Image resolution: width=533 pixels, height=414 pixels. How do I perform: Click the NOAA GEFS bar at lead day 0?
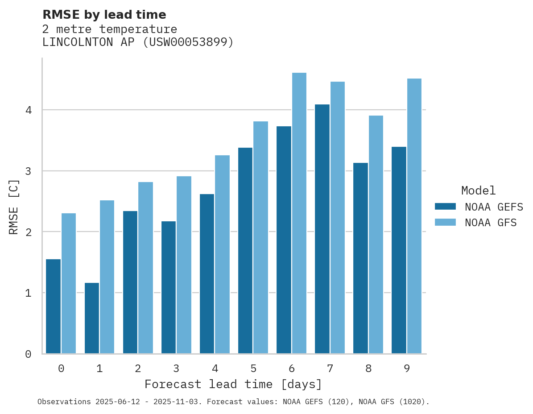(54, 306)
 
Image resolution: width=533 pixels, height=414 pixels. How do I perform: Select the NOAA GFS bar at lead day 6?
(299, 213)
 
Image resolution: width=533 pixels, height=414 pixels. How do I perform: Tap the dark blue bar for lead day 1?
(92, 318)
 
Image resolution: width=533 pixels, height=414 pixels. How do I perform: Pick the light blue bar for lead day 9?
(414, 216)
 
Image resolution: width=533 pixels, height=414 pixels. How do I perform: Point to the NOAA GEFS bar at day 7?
(322, 229)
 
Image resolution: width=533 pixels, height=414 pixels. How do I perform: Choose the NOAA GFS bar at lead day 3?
(184, 265)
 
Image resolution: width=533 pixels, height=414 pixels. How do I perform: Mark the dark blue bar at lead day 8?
(360, 258)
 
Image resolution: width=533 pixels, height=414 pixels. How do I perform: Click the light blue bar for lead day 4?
(223, 254)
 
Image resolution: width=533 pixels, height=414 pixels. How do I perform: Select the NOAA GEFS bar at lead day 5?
(245, 251)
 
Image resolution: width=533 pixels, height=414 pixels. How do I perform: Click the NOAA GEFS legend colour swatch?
(445, 207)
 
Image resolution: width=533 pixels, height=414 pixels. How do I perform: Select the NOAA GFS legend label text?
(491, 223)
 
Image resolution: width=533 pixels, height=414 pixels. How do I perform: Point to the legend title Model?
(478, 190)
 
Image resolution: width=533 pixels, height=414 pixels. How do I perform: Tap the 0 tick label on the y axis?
(28, 354)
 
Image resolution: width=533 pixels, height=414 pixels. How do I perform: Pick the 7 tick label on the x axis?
(330, 368)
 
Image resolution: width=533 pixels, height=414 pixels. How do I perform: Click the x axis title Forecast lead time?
(233, 384)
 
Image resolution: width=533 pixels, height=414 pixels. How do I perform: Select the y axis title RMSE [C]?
(14, 207)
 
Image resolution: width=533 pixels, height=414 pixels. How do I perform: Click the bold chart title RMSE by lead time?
(104, 15)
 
